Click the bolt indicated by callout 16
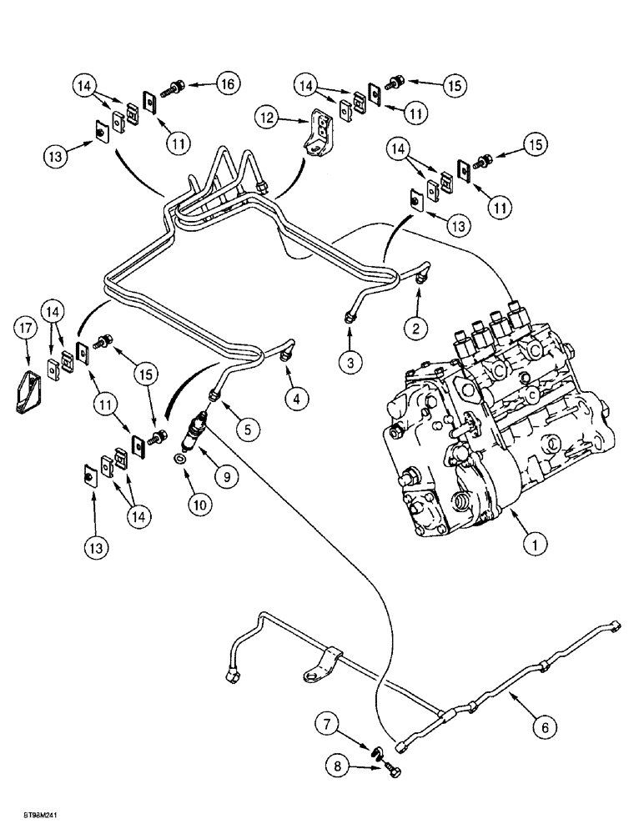point(175,85)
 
